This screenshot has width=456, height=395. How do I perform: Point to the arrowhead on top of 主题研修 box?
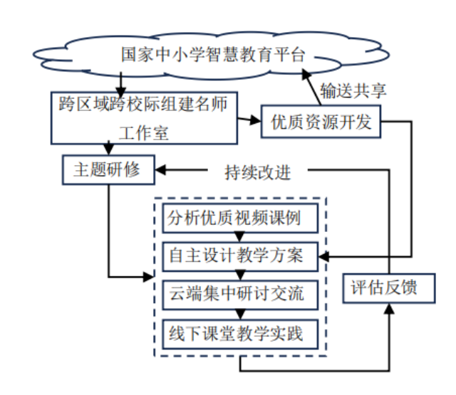[x=108, y=149]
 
